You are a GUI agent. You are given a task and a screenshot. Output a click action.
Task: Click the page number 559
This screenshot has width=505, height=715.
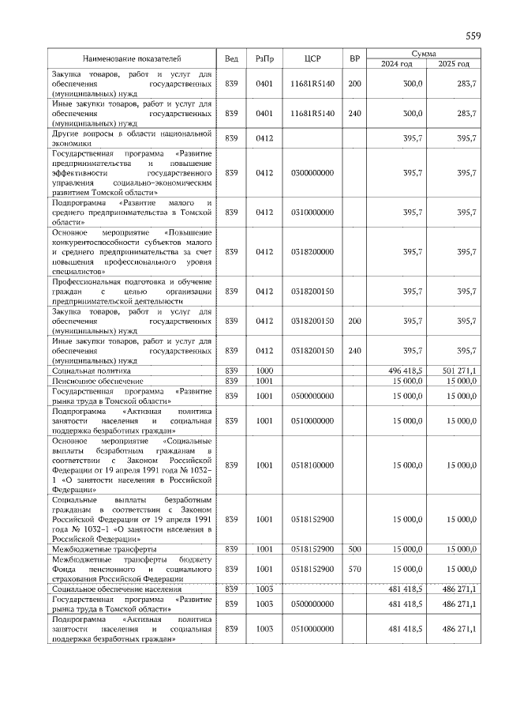473,36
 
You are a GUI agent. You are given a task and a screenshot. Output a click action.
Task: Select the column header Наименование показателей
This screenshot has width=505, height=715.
133,58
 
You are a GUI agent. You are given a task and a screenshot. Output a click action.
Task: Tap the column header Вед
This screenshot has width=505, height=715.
231,58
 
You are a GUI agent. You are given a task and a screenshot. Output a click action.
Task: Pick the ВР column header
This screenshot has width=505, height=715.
355,58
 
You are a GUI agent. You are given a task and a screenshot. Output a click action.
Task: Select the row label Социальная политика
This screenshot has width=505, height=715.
92,370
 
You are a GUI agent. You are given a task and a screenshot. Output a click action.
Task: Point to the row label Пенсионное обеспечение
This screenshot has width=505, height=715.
97,381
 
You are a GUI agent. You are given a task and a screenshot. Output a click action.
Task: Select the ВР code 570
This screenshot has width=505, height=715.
355,568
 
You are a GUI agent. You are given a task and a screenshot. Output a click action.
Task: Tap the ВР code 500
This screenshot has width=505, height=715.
355,548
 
